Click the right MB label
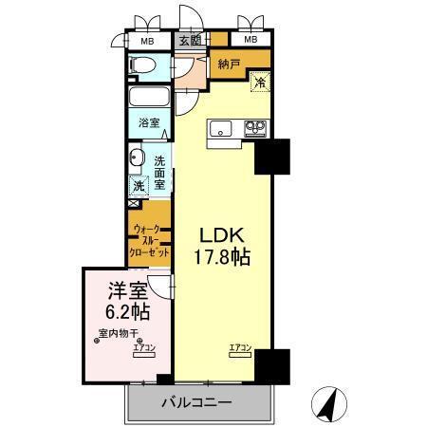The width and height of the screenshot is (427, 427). click(250, 40)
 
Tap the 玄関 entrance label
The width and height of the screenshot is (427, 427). click(189, 41)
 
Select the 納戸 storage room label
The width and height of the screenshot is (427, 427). click(228, 65)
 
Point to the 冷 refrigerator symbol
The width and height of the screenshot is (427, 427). click(258, 84)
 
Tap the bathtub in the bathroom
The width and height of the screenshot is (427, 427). click(149, 99)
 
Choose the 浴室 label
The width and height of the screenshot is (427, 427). click(149, 122)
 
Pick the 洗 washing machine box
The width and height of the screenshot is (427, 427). click(139, 186)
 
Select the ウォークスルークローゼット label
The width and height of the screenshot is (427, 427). click(151, 241)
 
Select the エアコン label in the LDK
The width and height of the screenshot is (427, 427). click(239, 348)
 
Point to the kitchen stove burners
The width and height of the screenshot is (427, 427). click(255, 126)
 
